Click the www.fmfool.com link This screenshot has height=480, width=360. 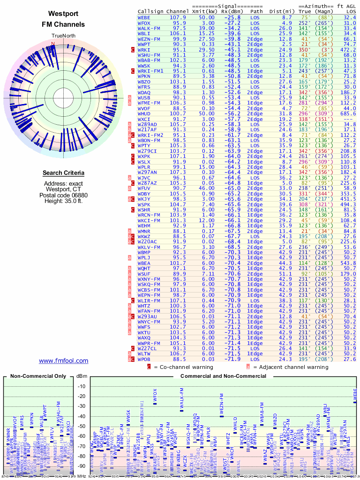coord(63,360)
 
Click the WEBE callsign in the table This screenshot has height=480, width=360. coord(144,17)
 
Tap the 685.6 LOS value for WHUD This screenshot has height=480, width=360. coord(348,113)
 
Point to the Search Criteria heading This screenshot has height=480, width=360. coord(63,173)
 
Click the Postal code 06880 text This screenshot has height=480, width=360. coord(63,195)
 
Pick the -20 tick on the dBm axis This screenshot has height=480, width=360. coord(81,397)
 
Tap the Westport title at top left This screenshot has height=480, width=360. coord(63,14)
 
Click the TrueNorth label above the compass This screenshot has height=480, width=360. coord(63,36)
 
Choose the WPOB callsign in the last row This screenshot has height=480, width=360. coord(144,359)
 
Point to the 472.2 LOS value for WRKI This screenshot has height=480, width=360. coord(348,49)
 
